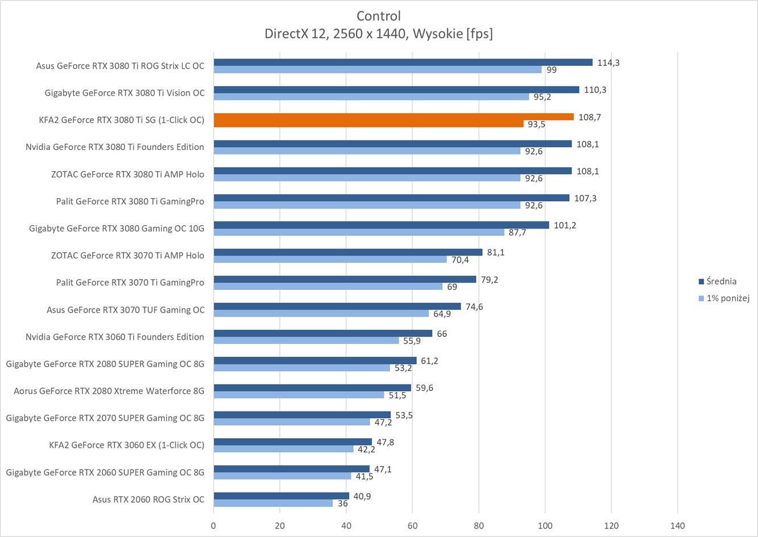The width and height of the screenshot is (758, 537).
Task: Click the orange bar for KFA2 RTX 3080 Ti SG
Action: pyautogui.click(x=394, y=116)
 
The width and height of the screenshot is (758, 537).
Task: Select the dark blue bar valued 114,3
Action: pyautogui.click(x=403, y=63)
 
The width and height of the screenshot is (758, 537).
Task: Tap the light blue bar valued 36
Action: pyautogui.click(x=273, y=503)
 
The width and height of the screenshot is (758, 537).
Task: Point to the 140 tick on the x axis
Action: pyautogui.click(x=677, y=526)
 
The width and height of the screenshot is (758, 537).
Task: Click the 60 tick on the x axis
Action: pyautogui.click(x=412, y=526)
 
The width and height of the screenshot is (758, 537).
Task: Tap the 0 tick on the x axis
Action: pyautogui.click(x=213, y=526)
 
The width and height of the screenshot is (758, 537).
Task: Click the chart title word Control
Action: pyautogui.click(x=379, y=16)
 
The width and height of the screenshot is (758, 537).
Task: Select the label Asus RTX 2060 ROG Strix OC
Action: pyautogui.click(x=148, y=499)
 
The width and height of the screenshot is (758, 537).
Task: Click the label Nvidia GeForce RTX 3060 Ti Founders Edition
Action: pyautogui.click(x=114, y=336)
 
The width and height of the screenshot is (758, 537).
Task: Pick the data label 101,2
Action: pyautogui.click(x=565, y=225)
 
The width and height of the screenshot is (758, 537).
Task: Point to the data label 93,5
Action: pyautogui.click(x=536, y=124)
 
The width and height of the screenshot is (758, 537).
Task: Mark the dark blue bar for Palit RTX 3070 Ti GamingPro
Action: pyautogui.click(x=345, y=279)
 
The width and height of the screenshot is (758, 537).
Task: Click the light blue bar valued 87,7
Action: pyautogui.click(x=359, y=232)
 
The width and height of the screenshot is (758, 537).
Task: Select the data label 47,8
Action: pyautogui.click(x=385, y=442)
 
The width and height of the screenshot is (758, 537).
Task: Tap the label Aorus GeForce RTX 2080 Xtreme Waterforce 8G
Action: pyautogui.click(x=109, y=390)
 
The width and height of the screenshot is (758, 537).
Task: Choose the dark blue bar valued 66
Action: pyautogui.click(x=322, y=334)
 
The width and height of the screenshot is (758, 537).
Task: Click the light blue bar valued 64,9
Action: pyautogui.click(x=321, y=314)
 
